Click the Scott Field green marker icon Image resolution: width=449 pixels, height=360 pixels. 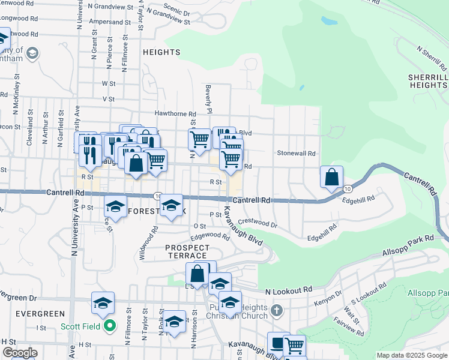click(x=110, y=327)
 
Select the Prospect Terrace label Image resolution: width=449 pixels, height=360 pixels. click(x=187, y=252)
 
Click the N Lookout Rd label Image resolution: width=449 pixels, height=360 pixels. click(x=289, y=290)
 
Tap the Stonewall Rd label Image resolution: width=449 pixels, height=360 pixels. click(x=296, y=154)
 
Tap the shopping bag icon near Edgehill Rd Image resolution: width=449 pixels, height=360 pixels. click(x=331, y=177)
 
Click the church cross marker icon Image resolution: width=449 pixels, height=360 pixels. click(x=276, y=310)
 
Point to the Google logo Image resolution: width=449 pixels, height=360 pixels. click(x=20, y=353)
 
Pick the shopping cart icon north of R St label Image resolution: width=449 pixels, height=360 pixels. click(x=231, y=159)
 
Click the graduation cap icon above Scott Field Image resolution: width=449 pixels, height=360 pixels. click(x=103, y=303)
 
